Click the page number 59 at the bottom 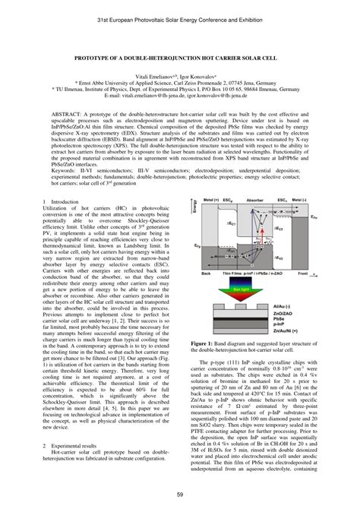coord(180,495)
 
